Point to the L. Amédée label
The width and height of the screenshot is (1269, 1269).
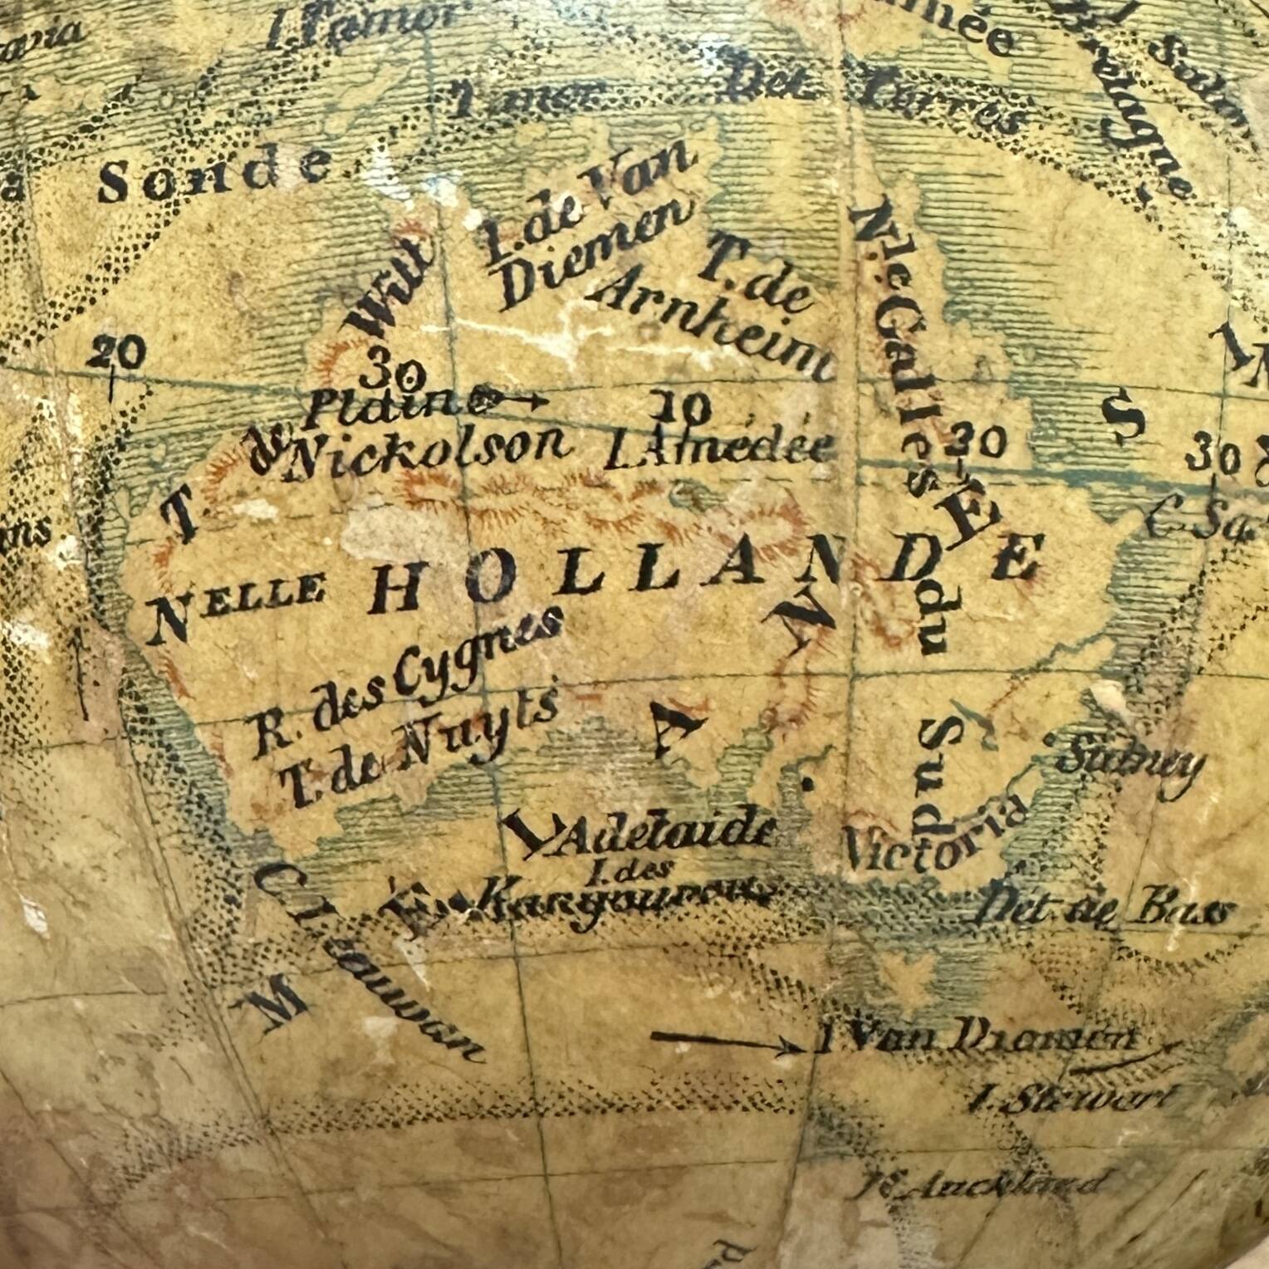point(719,448)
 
